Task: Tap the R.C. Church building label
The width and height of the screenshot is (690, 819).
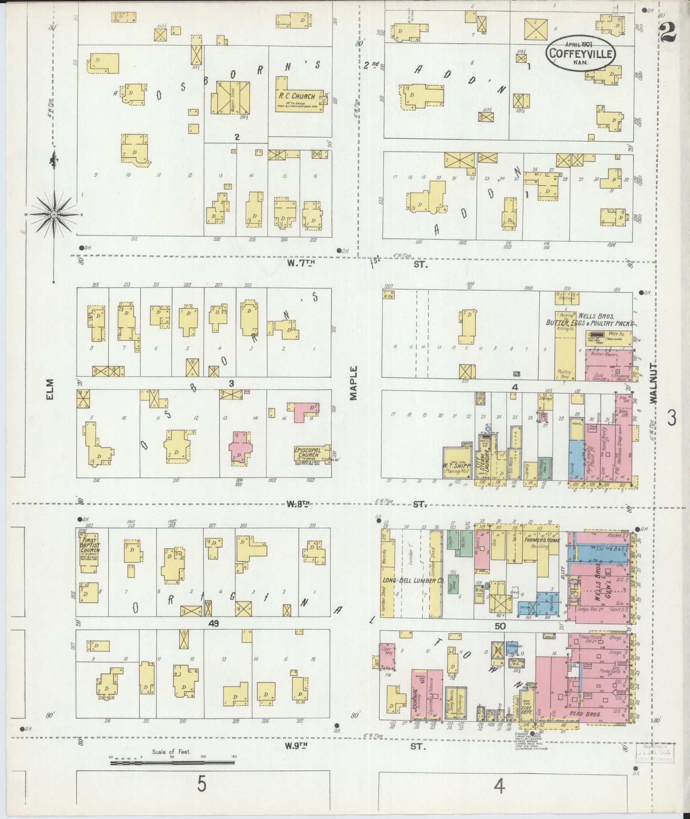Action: point(297,96)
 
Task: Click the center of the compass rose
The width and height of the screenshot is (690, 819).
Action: point(54,215)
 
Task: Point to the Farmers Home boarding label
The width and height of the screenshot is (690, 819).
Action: point(540,541)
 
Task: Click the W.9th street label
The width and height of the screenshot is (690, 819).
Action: point(298,744)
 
